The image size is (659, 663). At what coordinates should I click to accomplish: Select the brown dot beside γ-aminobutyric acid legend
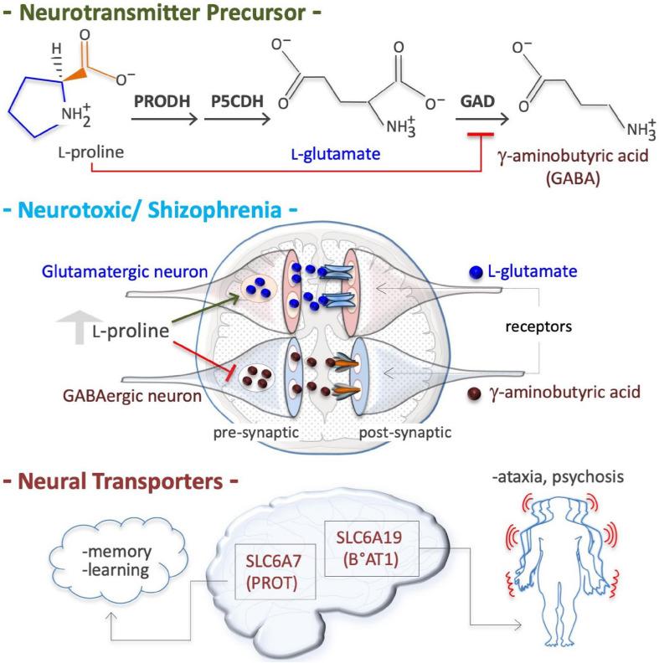476,391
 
